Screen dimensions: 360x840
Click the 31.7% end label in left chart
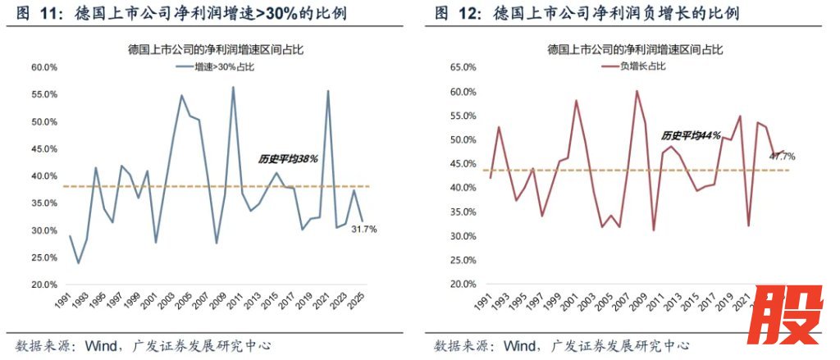coord(365,230)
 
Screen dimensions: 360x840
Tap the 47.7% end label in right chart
coord(782,156)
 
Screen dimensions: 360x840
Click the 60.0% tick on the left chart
coord(43,67)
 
